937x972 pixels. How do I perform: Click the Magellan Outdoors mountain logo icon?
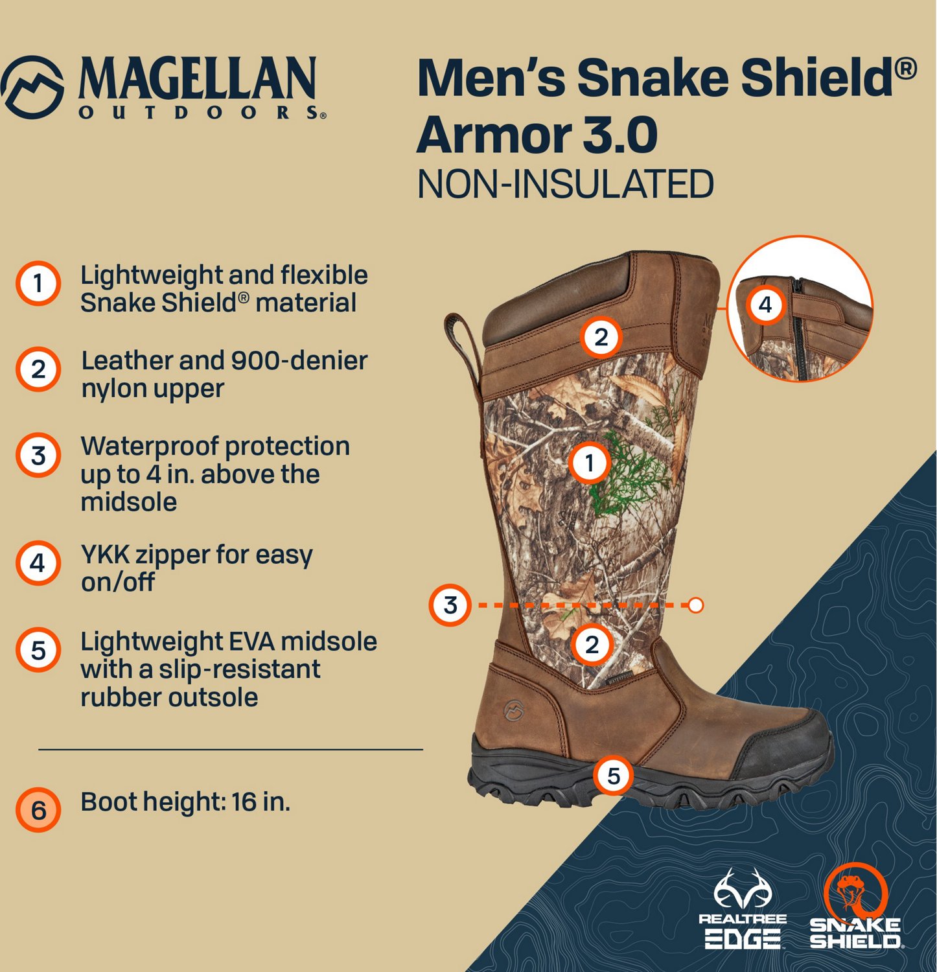tap(32, 87)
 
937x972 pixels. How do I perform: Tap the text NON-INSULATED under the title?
tap(565, 184)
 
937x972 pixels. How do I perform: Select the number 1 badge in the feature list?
tap(38, 283)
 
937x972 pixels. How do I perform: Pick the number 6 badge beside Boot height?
tap(38, 809)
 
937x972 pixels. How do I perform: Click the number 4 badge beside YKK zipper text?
tap(38, 563)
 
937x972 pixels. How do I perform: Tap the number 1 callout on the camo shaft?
tap(589, 463)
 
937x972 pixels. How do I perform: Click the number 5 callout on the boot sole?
tap(613, 776)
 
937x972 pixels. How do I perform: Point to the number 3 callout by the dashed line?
tap(450, 605)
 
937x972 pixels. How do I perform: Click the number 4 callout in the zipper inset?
tap(765, 305)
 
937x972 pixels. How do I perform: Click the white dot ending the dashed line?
tap(695, 605)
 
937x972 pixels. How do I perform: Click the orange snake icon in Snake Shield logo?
tap(855, 890)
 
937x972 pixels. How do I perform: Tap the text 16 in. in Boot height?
tap(261, 802)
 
